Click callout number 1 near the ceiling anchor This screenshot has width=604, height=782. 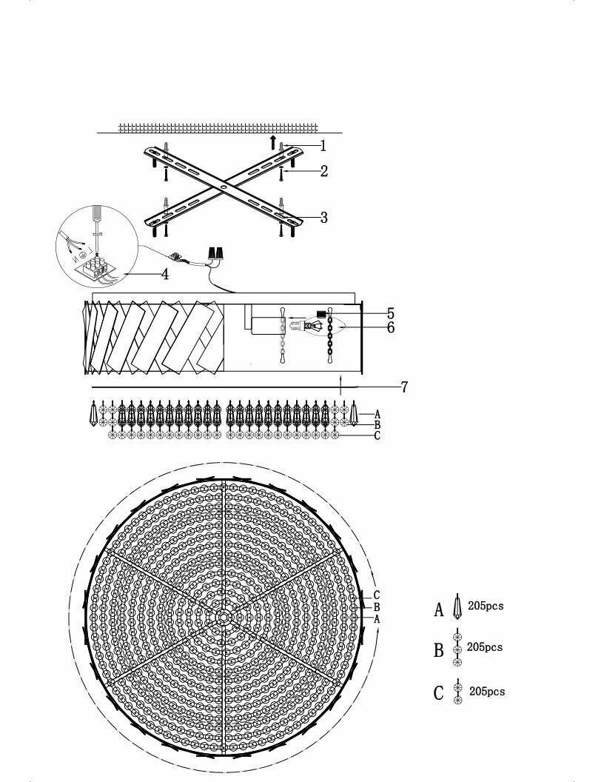[x=323, y=146]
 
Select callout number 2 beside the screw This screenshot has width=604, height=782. [x=324, y=171]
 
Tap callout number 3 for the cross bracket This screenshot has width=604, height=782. [x=324, y=217]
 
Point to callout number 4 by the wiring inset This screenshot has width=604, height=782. [x=165, y=274]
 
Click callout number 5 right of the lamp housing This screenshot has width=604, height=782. [x=390, y=313]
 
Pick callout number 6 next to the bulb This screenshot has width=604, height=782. [x=390, y=327]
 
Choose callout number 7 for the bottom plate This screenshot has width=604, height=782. [x=404, y=387]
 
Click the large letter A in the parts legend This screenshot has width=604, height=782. [x=439, y=610]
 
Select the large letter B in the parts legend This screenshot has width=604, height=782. [x=439, y=650]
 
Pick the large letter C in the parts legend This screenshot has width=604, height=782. [x=439, y=694]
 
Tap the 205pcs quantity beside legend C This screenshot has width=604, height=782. [x=487, y=691]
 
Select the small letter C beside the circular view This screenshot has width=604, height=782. [x=377, y=595]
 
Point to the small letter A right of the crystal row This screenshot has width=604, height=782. [x=377, y=414]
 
